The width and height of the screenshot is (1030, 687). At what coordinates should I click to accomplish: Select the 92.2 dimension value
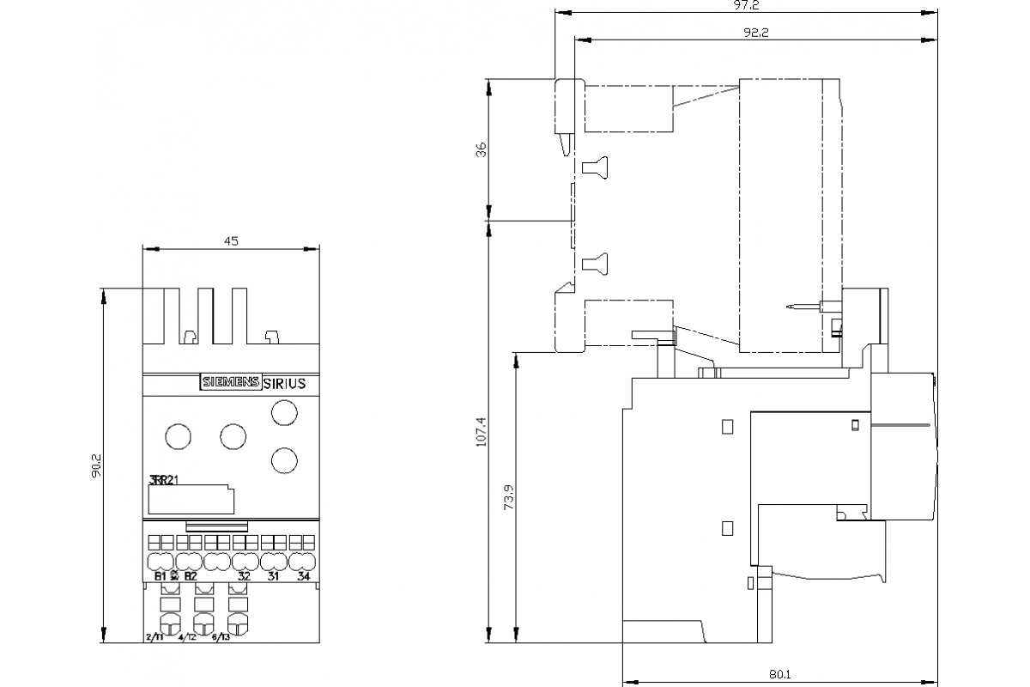[x=755, y=33]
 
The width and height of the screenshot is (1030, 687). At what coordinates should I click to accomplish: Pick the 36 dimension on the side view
[x=481, y=149]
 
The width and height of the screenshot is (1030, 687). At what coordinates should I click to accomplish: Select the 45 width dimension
[x=231, y=241]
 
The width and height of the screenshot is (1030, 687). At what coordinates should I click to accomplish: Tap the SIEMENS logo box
[x=229, y=384]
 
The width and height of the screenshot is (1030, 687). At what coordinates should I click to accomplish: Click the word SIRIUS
[x=283, y=384]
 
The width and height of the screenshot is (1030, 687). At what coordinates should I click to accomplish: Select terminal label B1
[x=160, y=575]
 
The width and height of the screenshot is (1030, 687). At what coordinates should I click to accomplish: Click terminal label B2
[x=190, y=575]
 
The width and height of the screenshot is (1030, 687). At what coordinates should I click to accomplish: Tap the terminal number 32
[x=244, y=575]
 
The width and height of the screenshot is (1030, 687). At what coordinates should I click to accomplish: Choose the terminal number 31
[x=273, y=575]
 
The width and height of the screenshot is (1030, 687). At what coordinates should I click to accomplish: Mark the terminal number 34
[x=302, y=575]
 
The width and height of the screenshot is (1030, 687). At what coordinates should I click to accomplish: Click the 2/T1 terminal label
[x=154, y=637]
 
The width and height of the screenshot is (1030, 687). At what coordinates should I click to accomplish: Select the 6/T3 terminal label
[x=220, y=637]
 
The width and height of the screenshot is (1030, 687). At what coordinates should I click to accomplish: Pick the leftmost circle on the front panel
[x=176, y=436]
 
